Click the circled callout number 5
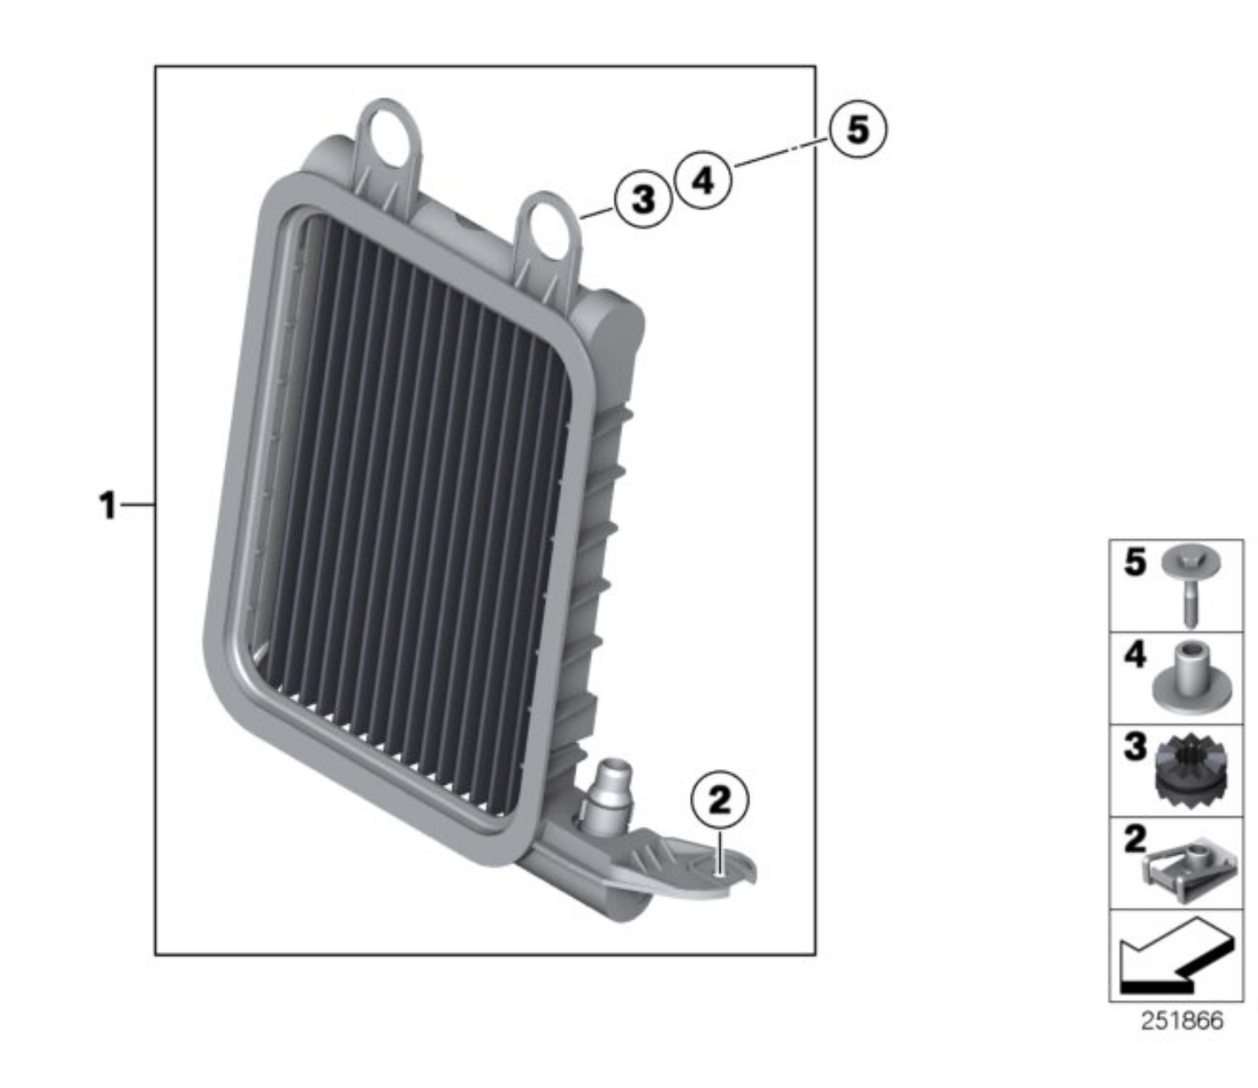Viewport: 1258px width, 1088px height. coord(858,130)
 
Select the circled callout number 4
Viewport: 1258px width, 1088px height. coord(704,180)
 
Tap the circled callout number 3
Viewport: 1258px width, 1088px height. coord(643,200)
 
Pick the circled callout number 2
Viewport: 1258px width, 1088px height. coord(720,800)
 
